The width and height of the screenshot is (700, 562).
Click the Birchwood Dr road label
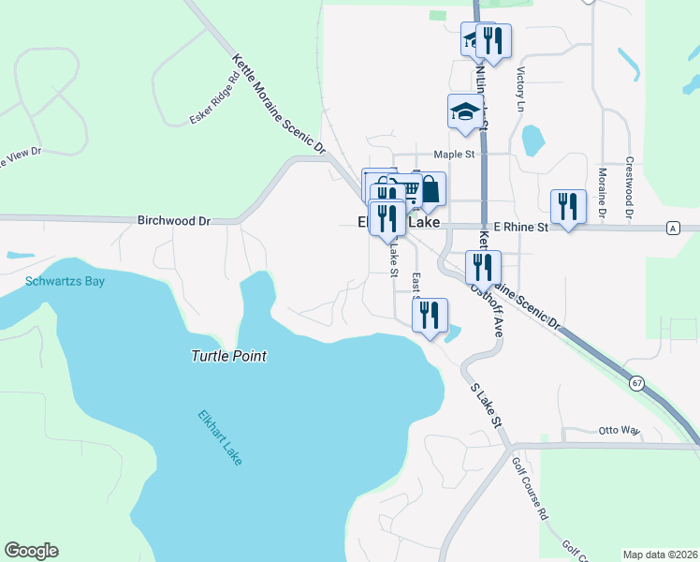(174, 221)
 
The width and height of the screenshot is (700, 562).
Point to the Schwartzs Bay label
(66, 280)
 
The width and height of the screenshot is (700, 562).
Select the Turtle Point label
(229, 356)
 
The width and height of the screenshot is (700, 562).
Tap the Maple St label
(455, 155)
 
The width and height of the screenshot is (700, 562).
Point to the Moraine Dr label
(601, 194)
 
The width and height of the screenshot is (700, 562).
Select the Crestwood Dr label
(630, 188)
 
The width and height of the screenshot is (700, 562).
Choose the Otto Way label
(619, 431)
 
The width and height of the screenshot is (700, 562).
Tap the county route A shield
(672, 228)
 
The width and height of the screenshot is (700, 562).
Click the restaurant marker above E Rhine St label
(567, 206)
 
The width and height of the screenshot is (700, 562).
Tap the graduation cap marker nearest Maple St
(464, 111)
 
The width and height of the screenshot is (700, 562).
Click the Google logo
(31, 551)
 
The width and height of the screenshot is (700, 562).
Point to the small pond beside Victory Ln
(532, 140)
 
